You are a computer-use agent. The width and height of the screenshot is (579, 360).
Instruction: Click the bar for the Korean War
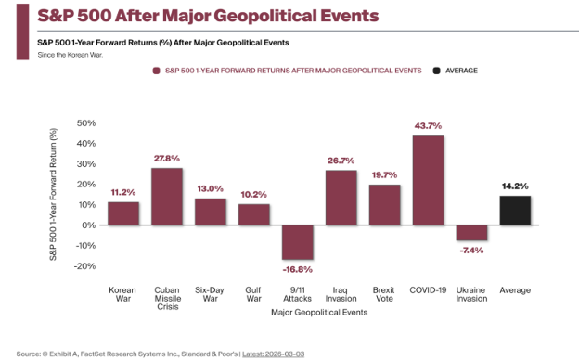(123, 213)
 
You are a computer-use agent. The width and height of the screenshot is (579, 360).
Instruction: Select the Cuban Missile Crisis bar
(167, 197)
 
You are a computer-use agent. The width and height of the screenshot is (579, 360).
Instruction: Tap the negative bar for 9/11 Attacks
(298, 242)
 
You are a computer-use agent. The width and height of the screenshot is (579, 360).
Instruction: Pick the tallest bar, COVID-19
(429, 180)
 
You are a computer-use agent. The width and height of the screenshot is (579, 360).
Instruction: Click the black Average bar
(516, 211)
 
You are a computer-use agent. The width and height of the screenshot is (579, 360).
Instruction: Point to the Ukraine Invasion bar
(472, 233)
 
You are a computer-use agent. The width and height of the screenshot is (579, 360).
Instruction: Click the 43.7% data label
(428, 126)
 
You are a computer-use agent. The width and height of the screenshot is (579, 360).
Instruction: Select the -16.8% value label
(298, 270)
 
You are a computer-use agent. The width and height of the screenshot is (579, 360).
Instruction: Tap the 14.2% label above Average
(515, 186)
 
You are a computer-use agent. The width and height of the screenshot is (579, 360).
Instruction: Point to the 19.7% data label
(384, 175)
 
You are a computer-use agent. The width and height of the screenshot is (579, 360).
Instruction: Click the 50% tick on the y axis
(86, 123)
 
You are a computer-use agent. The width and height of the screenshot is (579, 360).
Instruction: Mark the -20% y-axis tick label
(84, 266)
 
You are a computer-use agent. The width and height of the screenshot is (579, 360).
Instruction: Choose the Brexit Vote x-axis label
(384, 294)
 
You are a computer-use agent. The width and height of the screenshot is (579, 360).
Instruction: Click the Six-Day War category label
(210, 294)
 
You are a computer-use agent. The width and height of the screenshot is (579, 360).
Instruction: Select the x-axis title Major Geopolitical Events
(319, 313)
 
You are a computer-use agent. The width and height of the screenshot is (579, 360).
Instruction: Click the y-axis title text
(53, 194)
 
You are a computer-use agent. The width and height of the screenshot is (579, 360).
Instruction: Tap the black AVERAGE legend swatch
(436, 71)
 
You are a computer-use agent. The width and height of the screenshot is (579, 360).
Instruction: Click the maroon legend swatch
(156, 71)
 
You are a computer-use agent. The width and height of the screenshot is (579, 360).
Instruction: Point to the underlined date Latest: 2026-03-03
(273, 354)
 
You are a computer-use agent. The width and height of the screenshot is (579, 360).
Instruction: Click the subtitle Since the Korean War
(71, 55)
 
